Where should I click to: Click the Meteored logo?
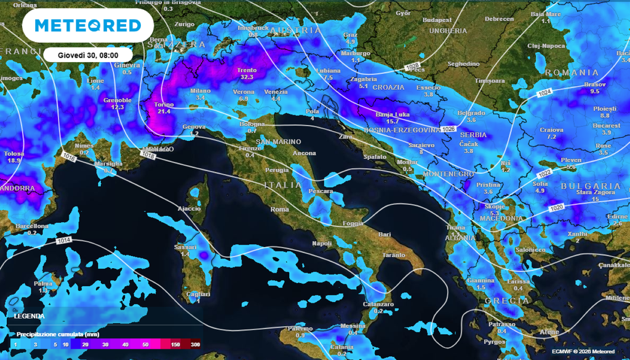[88, 25]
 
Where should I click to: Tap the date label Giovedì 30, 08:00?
[88, 54]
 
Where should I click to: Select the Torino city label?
[164, 105]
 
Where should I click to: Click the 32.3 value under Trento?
[247, 78]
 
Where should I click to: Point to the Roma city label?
[280, 209]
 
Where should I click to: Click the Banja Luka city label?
[391, 114]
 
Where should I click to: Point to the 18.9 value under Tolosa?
[14, 161]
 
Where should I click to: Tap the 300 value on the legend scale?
[195, 345]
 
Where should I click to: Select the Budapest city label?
[437, 20]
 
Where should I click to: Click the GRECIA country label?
[506, 300]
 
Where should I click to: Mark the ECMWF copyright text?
[583, 351]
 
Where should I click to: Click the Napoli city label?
[322, 244]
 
